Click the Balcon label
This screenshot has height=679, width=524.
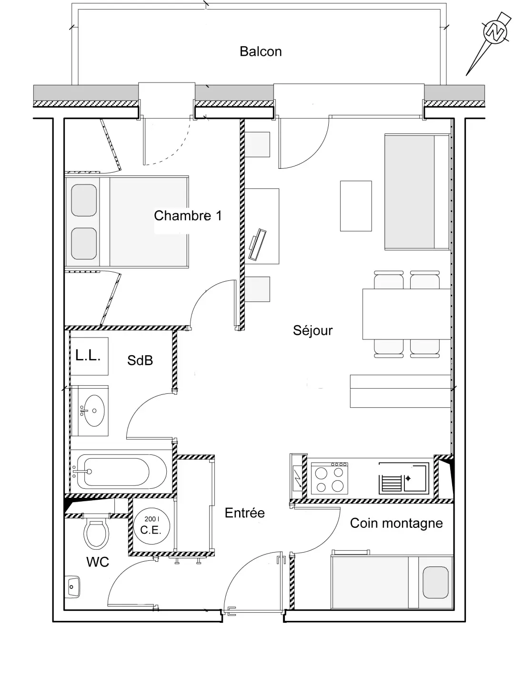tap(261, 51)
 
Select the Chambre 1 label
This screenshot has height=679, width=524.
tap(188, 216)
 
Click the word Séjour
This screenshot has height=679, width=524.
tap(312, 330)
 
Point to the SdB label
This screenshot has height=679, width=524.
tap(140, 360)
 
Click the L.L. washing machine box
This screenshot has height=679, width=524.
tap(89, 356)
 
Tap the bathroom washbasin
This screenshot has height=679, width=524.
tap(90, 411)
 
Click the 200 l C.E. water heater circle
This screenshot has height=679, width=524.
tap(151, 527)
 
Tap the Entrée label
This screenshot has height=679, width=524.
tap(245, 513)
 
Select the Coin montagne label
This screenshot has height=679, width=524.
tap(396, 523)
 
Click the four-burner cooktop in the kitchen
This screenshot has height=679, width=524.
tap(330, 478)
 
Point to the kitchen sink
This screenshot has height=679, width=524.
tap(404, 478)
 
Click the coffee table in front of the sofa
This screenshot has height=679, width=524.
tap(356, 206)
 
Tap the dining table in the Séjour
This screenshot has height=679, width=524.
tap(406, 314)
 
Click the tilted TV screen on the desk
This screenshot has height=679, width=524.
tap(257, 244)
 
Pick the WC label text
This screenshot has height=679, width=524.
tap(98, 562)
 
